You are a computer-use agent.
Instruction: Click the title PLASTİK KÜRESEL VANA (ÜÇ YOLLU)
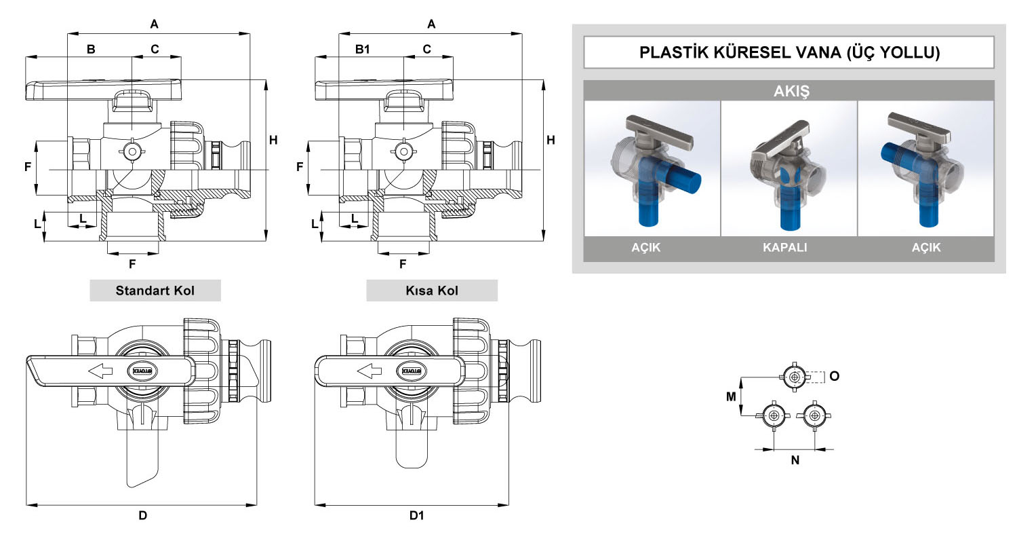click(x=789, y=53)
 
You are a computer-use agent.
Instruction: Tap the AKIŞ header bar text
click(x=789, y=91)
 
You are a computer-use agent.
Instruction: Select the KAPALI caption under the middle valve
click(x=789, y=248)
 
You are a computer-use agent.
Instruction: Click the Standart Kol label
click(x=155, y=291)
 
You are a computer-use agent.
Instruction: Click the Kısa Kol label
click(x=431, y=291)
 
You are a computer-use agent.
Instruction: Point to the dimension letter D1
click(x=416, y=516)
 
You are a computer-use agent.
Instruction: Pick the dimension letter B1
click(x=363, y=49)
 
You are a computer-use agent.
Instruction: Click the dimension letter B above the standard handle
click(x=91, y=49)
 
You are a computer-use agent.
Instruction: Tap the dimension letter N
click(x=795, y=460)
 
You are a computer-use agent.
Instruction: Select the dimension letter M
click(x=732, y=396)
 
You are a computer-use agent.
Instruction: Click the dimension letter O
click(x=835, y=375)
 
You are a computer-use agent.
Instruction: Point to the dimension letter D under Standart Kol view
click(x=142, y=516)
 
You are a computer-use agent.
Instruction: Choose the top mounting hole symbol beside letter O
click(x=795, y=376)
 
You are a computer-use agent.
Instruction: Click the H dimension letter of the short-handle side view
click(x=551, y=141)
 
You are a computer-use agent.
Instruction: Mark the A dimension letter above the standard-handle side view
click(x=154, y=24)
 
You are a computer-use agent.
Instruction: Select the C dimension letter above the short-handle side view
click(x=426, y=49)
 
